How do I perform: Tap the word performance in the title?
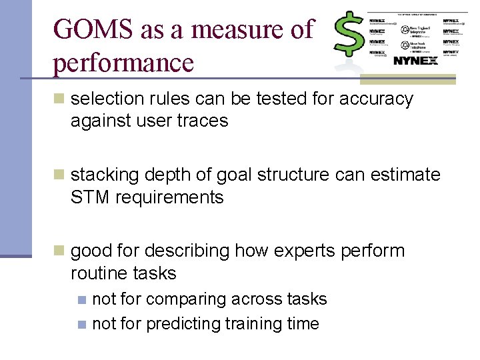coord(123,63)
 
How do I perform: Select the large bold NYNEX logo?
coord(415,61)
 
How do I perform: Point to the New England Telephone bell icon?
coord(405,30)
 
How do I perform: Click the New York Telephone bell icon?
coord(405,45)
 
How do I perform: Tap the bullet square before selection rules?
coord(60,99)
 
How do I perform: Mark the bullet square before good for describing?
coord(60,251)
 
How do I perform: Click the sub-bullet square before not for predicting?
coord(81,325)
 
